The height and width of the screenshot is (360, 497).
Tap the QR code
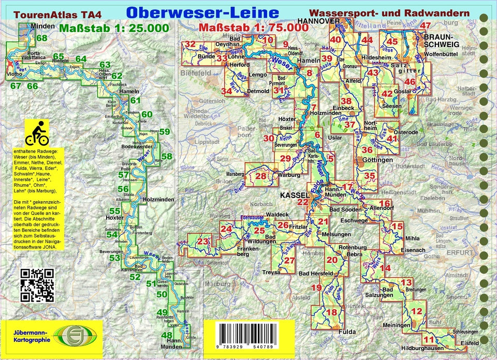tap(37, 285)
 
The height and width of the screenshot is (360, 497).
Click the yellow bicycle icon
tap(37, 133)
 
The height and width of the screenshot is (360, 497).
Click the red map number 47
tap(426, 26)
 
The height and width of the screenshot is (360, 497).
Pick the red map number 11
tap(429, 339)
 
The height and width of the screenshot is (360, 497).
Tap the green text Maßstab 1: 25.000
tap(114, 28)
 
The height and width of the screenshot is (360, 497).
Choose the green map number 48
tap(167, 335)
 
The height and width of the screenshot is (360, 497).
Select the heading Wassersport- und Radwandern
tap(389, 13)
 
